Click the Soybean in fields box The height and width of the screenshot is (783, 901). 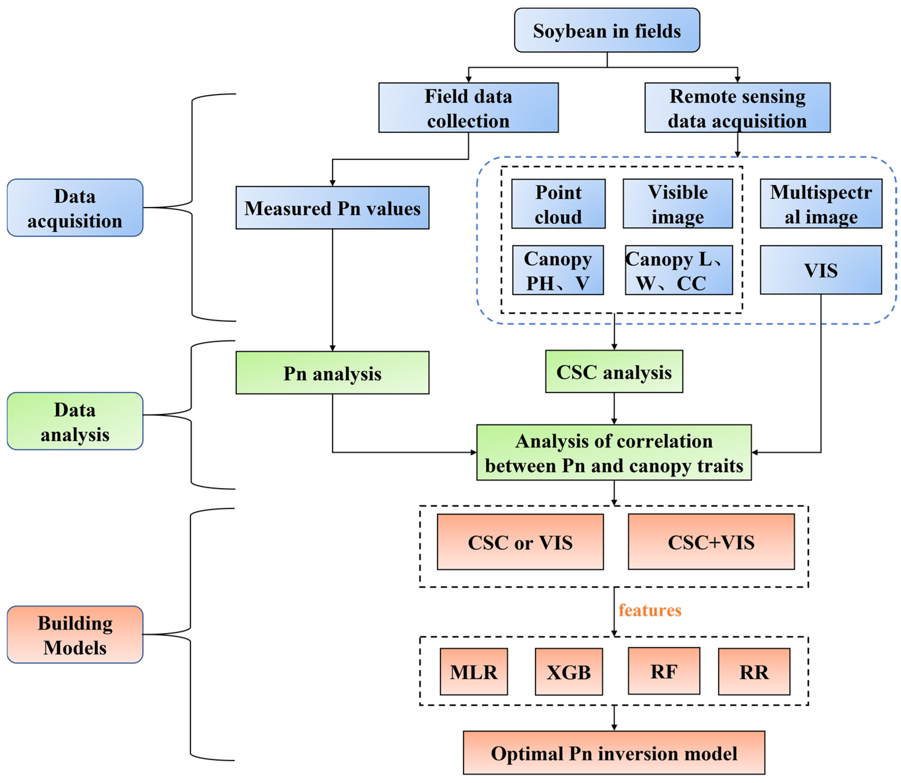point(606,30)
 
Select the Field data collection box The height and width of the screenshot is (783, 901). point(468,108)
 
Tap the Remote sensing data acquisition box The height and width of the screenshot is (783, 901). point(737,108)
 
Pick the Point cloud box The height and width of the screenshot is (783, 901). point(558,204)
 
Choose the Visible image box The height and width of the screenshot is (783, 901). point(677,204)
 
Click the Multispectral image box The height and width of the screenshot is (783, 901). point(821,204)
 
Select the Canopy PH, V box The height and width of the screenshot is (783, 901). point(558,270)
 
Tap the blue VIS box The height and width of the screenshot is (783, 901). point(821,270)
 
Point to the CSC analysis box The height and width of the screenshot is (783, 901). point(614,372)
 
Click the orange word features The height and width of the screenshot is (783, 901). point(650,610)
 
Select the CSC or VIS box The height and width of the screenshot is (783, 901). point(520,542)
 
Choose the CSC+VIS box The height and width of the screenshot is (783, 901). point(711,542)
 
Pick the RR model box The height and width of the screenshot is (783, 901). point(754,672)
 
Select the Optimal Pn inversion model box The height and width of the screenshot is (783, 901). point(614,753)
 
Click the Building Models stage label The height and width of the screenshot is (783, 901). point(75,634)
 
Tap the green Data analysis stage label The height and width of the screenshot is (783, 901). point(75,421)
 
